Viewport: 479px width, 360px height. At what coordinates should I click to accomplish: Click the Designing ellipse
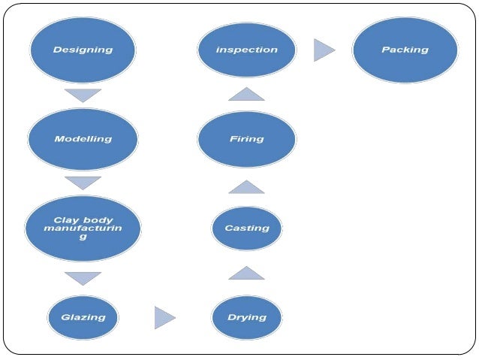click(83, 50)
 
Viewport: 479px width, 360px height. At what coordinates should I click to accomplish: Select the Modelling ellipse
click(83, 139)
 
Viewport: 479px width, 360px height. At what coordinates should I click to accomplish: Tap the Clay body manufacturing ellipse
click(83, 228)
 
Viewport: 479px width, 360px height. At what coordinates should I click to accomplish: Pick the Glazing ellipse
click(83, 317)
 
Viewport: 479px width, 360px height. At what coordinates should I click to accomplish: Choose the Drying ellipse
click(246, 317)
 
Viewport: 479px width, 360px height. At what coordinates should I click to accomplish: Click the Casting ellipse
click(246, 228)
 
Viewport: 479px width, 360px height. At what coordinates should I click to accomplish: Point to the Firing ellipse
click(246, 139)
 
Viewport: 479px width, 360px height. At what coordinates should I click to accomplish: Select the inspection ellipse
click(246, 50)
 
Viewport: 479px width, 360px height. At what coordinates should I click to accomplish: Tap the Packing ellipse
click(405, 50)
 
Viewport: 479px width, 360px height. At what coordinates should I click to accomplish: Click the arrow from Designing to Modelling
click(83, 95)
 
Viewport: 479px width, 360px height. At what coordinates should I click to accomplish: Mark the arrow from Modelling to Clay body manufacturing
click(83, 183)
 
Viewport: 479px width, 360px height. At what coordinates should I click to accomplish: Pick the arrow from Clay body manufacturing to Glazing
click(83, 278)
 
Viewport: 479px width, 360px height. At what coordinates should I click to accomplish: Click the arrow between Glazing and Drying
click(164, 317)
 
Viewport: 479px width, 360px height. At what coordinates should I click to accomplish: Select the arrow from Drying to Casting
click(246, 273)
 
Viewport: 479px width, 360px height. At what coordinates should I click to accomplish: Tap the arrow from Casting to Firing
click(246, 186)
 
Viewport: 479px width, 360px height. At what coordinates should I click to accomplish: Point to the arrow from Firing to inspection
click(246, 94)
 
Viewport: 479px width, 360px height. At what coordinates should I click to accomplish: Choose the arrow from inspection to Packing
click(324, 50)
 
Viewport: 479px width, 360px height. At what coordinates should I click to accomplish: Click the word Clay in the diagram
click(66, 220)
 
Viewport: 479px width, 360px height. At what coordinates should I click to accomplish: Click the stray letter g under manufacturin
click(83, 237)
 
